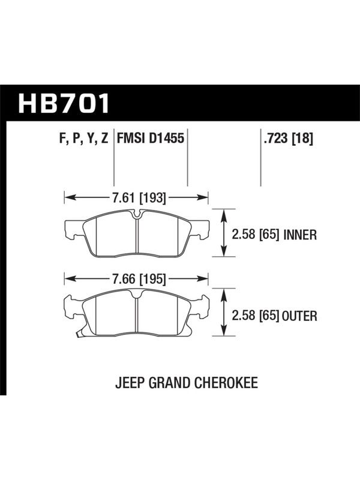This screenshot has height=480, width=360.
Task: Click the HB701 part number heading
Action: (x=64, y=103)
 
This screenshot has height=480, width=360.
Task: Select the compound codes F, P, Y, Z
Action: (x=83, y=139)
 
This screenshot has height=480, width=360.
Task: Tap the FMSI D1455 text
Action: (x=151, y=138)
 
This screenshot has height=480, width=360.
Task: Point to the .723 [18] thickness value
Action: (x=288, y=139)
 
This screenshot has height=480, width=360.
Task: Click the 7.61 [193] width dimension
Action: (x=139, y=198)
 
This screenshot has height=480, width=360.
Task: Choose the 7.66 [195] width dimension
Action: (x=139, y=279)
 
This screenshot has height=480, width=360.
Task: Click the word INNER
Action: (x=300, y=235)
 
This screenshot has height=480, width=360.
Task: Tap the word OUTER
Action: (x=299, y=316)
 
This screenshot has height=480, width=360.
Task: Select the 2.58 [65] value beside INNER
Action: (x=256, y=235)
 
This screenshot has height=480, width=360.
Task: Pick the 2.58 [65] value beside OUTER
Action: (x=256, y=316)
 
